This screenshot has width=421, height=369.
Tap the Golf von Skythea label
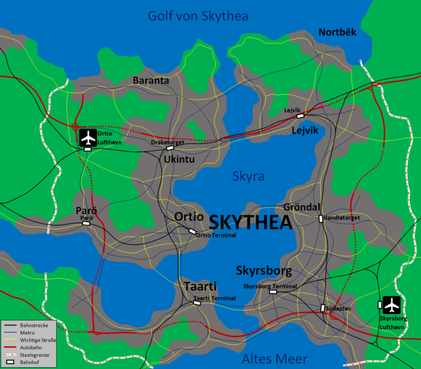click(197, 16)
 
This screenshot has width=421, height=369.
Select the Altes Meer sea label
click(274, 359)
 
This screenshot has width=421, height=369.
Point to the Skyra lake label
click(248, 177)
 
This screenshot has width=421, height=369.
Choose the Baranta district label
click(151, 80)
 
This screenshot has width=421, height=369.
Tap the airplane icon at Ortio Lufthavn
click(89, 135)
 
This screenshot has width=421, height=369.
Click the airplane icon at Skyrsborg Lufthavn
click(391, 304)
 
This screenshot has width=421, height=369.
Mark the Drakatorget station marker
click(170, 148)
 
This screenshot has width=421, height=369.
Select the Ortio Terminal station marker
click(192, 232)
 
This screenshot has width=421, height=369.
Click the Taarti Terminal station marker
click(197, 303)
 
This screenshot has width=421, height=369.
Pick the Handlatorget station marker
click(321, 218)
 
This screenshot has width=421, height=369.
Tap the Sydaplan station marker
click(322, 308)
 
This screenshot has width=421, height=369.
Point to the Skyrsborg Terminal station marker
click(273, 292)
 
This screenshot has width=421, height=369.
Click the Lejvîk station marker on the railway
click(301, 115)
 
